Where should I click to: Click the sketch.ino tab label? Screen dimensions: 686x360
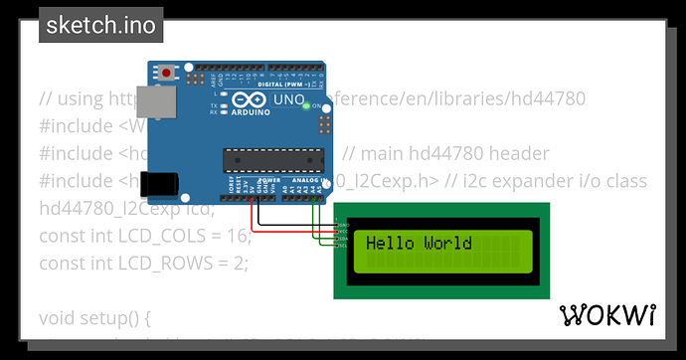tap(99, 26)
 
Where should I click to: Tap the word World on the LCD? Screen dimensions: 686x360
tap(447, 244)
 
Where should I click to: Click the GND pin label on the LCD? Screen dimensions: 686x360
tap(343, 226)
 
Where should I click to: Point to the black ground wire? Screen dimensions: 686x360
tap(256, 211)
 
